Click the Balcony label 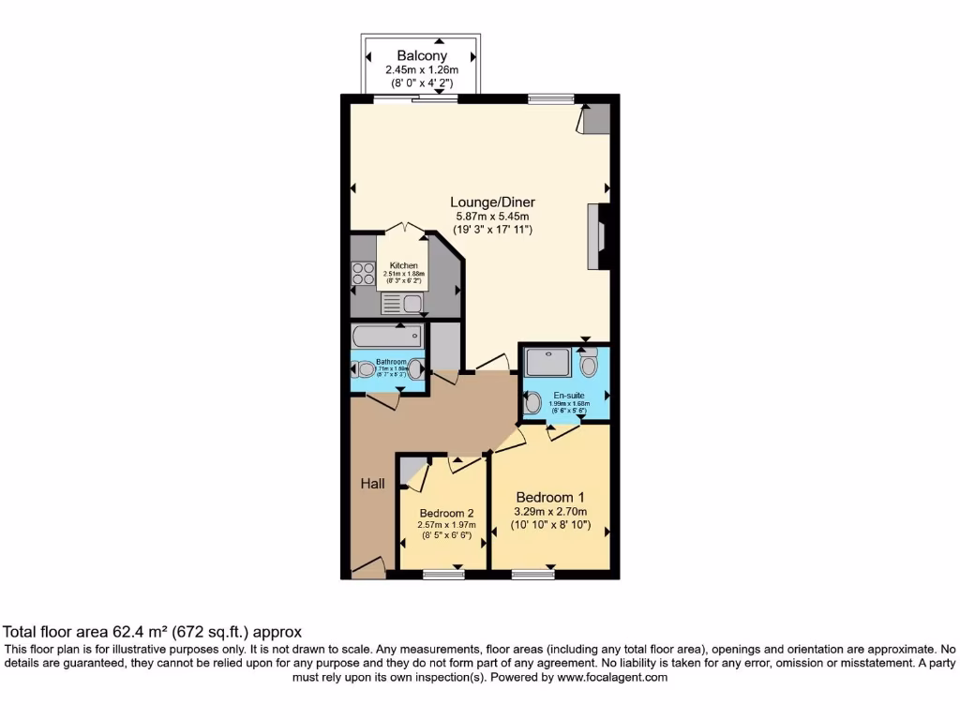(x=420, y=56)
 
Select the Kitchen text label (x=404, y=265)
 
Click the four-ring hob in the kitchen (x=363, y=274)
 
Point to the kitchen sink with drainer (x=403, y=303)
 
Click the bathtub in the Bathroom (x=386, y=337)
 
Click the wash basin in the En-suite (x=532, y=403)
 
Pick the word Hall (x=372, y=484)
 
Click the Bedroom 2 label (x=446, y=513)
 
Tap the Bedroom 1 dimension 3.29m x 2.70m (x=550, y=512)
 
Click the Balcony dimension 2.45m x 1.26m (x=420, y=70)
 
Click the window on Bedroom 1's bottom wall (x=532, y=574)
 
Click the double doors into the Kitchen (x=404, y=229)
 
